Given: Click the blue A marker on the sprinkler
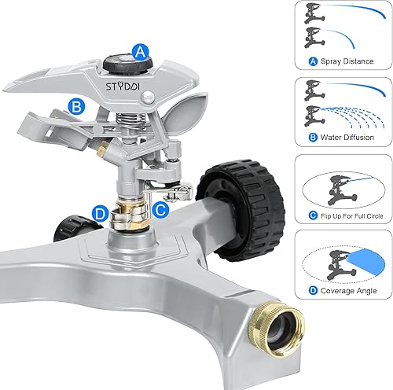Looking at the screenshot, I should (x=141, y=53).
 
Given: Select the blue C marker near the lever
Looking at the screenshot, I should (x=160, y=209).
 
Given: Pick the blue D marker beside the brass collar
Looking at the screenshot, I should (x=100, y=212).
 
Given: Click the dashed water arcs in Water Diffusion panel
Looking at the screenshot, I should (x=354, y=115).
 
